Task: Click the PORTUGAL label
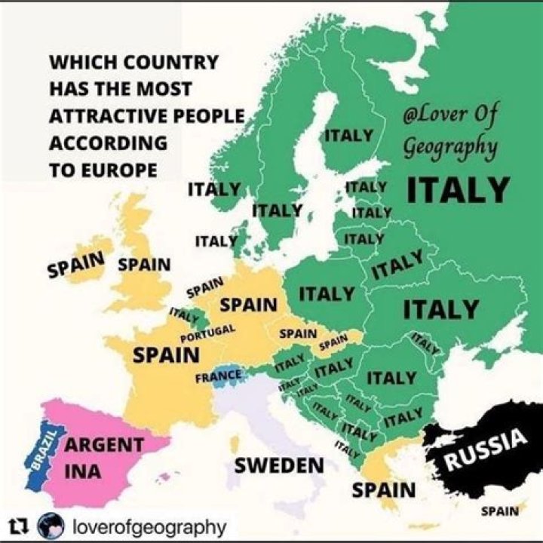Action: click(208, 333)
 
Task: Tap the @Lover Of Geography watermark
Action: click(450, 130)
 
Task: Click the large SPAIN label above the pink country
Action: click(166, 354)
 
